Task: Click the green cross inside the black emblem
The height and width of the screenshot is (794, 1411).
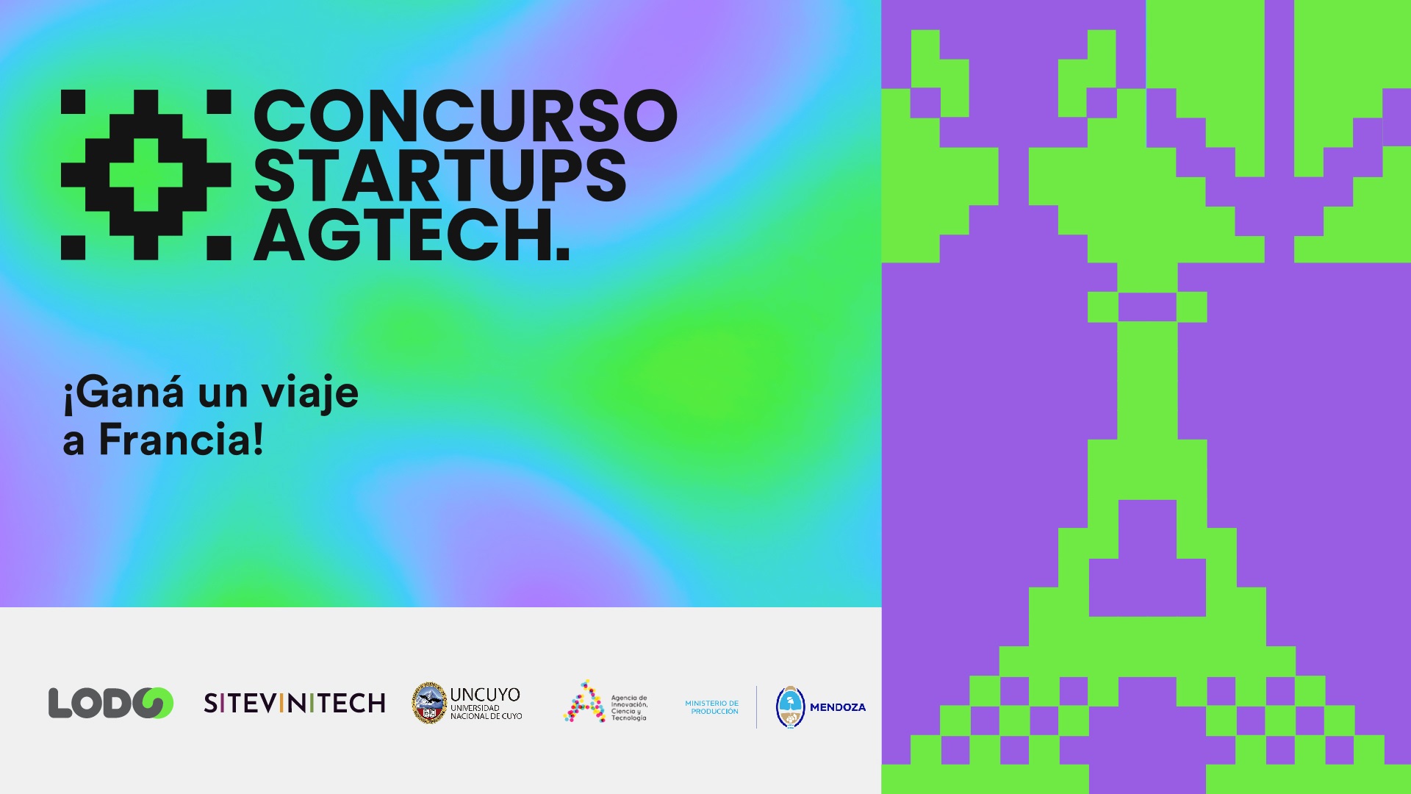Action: coord(146,175)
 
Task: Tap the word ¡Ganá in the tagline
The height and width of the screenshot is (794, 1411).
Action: coord(123,393)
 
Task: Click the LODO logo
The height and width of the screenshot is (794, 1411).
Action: coord(111,704)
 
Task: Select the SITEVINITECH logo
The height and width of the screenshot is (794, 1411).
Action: coord(295,704)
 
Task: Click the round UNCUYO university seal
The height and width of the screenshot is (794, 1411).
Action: coord(429,703)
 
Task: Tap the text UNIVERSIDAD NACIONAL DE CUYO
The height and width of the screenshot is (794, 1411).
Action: coord(487,712)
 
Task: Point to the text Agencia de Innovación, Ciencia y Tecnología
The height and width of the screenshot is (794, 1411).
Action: coord(629,708)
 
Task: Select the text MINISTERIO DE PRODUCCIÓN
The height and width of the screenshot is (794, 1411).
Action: coord(712,707)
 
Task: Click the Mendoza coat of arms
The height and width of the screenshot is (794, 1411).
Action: coord(791,707)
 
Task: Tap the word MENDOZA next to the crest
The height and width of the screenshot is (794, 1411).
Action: coord(838,707)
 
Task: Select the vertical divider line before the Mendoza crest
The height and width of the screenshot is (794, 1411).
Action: coord(757,707)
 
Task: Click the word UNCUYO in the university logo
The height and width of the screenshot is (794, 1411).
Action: coord(485,694)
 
